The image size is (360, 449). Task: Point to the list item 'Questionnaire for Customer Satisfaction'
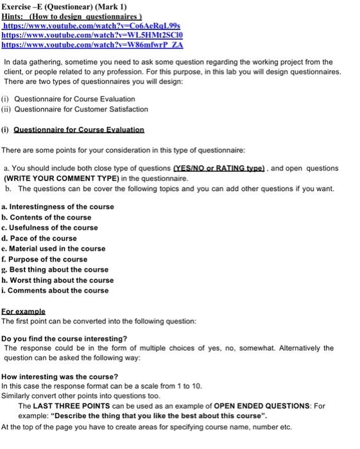pyautogui.click(x=81, y=110)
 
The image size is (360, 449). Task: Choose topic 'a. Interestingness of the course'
pyautogui.click(x=58, y=207)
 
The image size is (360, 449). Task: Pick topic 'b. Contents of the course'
pyautogui.click(x=47, y=217)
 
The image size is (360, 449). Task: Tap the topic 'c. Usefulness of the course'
pyautogui.click(x=50, y=228)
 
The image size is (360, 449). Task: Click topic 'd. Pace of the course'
pyautogui.click(x=39, y=238)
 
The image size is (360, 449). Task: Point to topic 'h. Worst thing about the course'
pyautogui.click(x=58, y=280)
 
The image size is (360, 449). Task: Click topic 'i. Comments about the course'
pyautogui.click(x=55, y=291)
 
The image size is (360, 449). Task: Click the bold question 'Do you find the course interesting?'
pyautogui.click(x=64, y=338)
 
